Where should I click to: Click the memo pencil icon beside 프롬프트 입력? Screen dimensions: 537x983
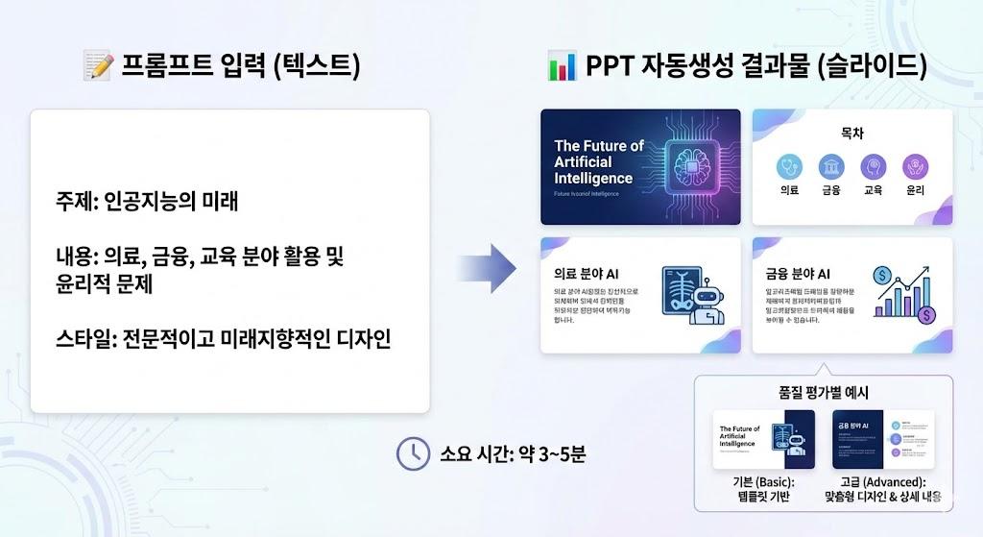coord(99,66)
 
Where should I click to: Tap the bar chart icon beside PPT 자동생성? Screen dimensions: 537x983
coord(561,66)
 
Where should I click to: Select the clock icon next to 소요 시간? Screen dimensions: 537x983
coord(413,452)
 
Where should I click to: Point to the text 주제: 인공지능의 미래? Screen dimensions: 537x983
coord(147,203)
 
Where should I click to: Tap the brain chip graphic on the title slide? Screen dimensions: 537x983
coord(686,161)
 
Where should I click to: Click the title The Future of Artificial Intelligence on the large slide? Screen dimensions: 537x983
coord(598,161)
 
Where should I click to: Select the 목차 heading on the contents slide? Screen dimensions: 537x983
coord(851,134)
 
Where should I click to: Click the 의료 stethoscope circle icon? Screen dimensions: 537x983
coord(790,167)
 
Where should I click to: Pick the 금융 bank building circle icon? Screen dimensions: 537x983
coord(831,167)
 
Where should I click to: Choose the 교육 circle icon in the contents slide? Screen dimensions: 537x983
coord(873,167)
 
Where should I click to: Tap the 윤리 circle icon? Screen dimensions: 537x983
coord(914,167)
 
